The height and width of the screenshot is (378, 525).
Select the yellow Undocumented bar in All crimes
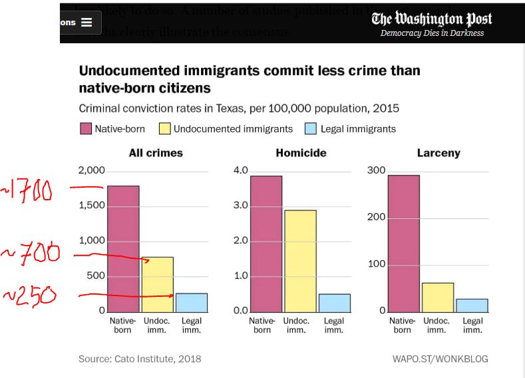point(157,284)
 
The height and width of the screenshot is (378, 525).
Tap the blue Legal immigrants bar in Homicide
point(334,303)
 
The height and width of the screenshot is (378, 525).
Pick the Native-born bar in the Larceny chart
point(403,244)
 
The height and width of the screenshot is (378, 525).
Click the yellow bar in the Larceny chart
point(437,297)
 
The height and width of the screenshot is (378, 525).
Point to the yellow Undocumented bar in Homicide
point(300,261)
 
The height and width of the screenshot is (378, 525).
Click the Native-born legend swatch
point(85,129)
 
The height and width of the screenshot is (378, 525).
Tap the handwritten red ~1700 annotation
point(28,190)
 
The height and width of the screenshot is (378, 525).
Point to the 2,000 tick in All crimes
point(92,170)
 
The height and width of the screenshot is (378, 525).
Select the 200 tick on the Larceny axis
point(376,218)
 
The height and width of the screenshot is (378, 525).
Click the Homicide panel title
point(301,153)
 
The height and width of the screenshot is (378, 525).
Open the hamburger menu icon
point(87,23)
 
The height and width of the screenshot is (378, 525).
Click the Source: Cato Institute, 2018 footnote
point(140,359)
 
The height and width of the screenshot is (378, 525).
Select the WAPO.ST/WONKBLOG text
point(440,359)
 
